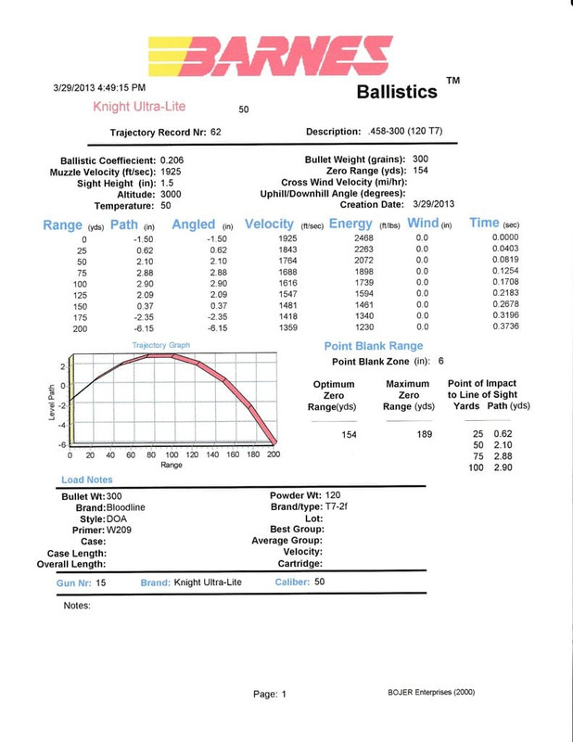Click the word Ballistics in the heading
pyautogui.click(x=396, y=92)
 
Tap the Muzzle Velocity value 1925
pyautogui.click(x=171, y=172)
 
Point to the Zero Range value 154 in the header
pyautogui.click(x=420, y=172)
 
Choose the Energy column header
pyautogui.click(x=350, y=224)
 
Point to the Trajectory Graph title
pyautogui.click(x=161, y=345)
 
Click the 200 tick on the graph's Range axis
pyautogui.click(x=274, y=455)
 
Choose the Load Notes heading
pyautogui.click(x=86, y=480)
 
